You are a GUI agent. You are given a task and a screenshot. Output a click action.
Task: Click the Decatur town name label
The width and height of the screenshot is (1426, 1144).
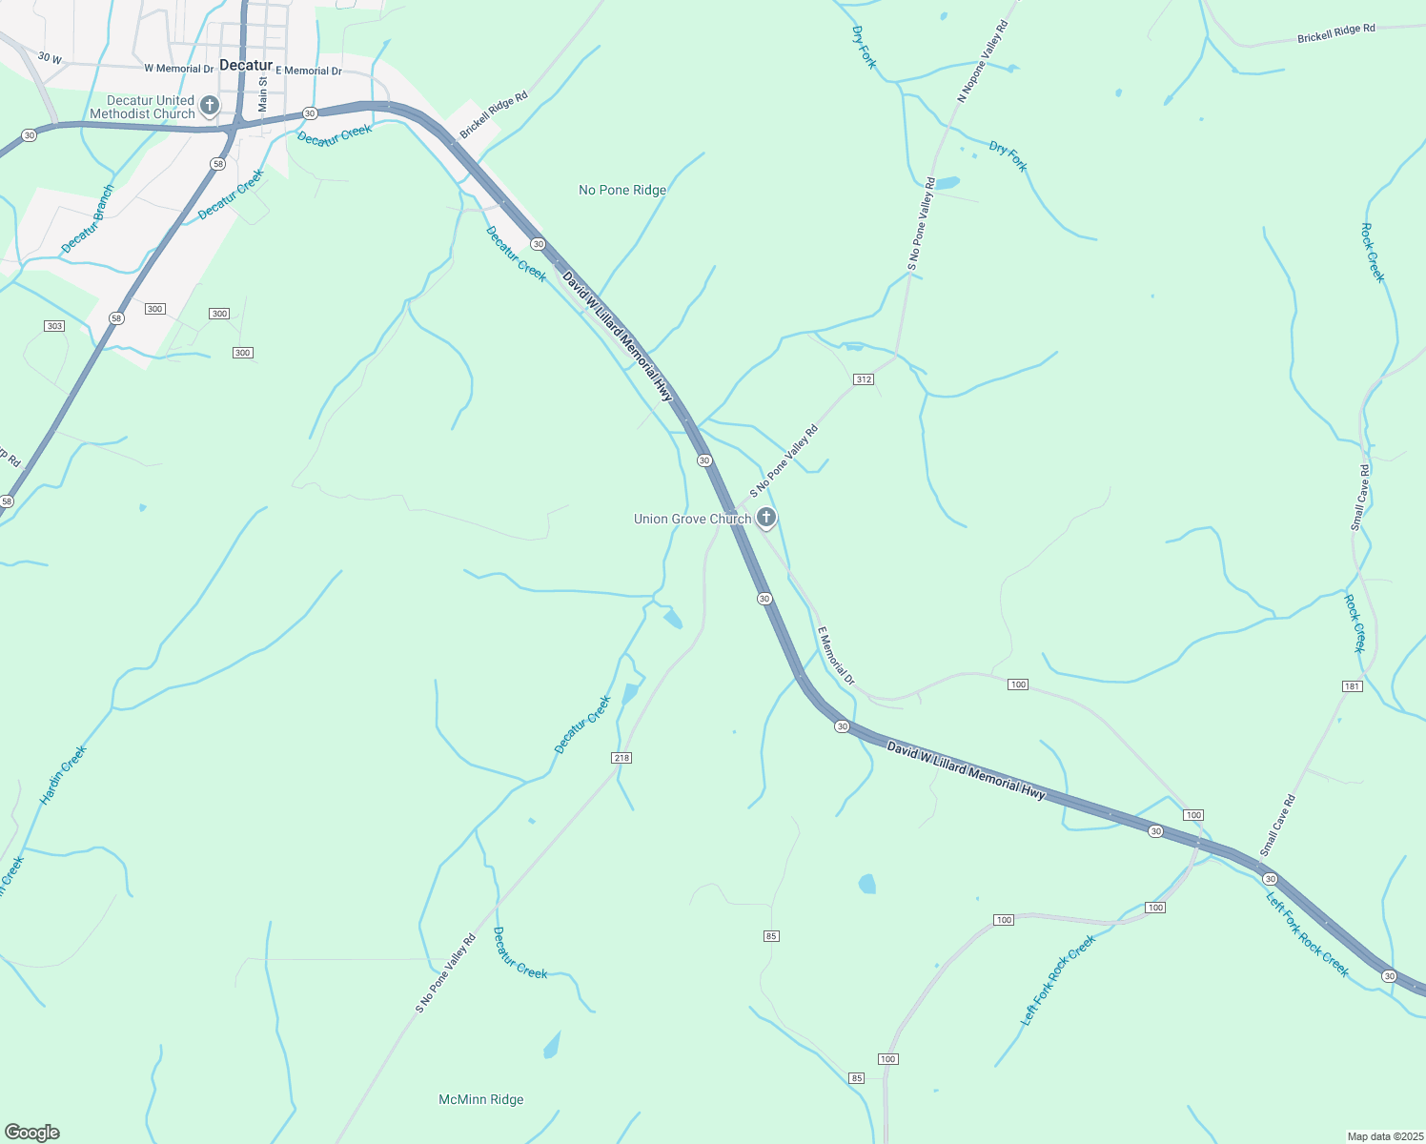point(246,65)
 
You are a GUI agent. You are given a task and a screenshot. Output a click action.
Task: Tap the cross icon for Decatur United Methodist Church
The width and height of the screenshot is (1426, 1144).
point(210,105)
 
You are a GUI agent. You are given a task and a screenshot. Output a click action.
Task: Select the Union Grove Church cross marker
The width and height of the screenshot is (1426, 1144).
point(765,518)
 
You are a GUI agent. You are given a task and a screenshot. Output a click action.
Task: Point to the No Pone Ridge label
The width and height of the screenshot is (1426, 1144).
point(622,190)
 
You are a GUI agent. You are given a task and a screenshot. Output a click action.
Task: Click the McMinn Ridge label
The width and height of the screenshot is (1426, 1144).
point(480,1099)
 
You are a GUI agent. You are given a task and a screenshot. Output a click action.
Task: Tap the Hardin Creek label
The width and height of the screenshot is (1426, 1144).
point(63,774)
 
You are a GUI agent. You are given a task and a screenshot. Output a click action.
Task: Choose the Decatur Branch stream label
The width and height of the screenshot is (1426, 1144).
point(88,218)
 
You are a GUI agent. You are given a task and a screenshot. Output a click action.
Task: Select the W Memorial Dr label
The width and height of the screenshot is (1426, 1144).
point(179,69)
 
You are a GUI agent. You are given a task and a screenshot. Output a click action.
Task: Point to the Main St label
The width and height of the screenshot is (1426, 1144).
point(263,93)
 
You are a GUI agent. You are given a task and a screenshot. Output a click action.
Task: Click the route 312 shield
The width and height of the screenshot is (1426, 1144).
point(863,379)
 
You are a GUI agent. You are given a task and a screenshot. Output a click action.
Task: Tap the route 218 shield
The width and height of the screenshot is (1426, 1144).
point(621,758)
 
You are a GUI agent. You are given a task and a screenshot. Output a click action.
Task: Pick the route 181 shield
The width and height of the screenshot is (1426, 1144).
point(1352,686)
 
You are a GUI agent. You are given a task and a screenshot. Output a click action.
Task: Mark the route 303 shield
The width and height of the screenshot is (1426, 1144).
point(54,326)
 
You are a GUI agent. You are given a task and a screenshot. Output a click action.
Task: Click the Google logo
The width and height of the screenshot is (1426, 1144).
point(31,1133)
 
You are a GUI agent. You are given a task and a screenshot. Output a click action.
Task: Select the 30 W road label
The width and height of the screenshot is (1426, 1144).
point(50,59)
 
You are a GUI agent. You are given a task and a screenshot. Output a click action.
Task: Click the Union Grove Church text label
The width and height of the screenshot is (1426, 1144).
point(692,519)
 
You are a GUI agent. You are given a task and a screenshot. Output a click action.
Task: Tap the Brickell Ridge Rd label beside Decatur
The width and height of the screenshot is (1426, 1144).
point(494,115)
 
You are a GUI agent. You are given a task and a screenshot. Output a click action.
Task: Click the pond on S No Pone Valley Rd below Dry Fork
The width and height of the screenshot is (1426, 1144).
point(946,183)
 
